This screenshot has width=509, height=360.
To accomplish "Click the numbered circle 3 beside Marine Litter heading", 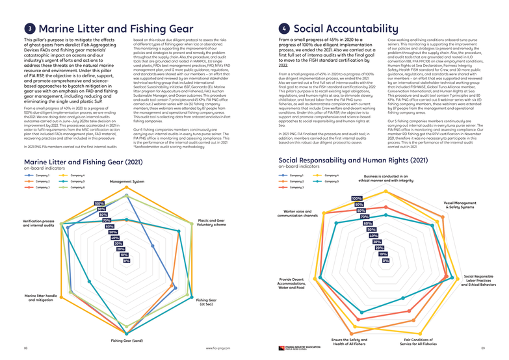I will tap(30, 29).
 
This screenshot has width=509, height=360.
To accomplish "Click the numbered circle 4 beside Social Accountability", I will tap(284, 29).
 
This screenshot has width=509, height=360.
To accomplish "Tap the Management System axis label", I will tap(127, 181).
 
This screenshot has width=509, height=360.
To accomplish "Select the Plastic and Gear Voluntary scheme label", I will tap(211, 222).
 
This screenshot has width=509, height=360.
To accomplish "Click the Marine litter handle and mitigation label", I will tap(40, 298).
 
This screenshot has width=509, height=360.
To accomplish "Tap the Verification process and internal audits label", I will tap(38, 223).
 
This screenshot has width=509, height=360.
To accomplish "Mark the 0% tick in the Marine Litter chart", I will tap(127, 261).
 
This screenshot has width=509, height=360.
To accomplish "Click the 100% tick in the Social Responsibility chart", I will tap(357, 198).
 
